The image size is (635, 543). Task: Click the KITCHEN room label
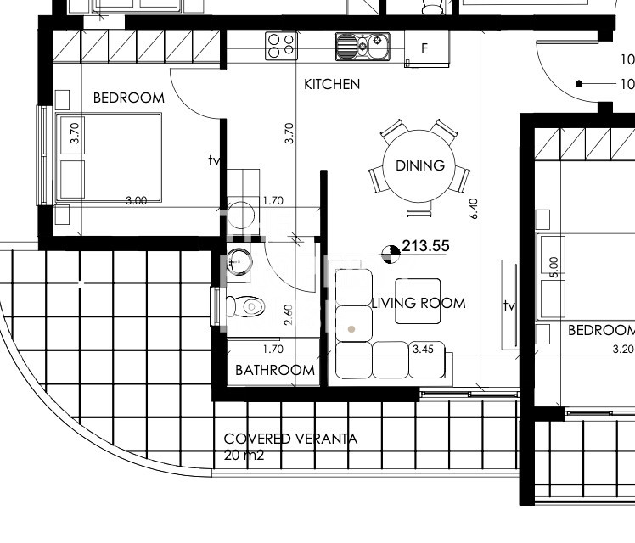click(x=332, y=84)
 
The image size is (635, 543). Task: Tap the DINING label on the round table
click(x=420, y=165)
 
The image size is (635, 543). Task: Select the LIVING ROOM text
click(x=419, y=303)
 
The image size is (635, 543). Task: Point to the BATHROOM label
click(x=274, y=370)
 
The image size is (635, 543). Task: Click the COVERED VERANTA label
click(x=290, y=439)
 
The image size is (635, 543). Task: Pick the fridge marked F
click(x=426, y=49)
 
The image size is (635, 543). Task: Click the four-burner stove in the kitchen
click(x=281, y=46)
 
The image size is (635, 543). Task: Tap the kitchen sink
click(x=362, y=47)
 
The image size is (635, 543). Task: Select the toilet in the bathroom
click(x=245, y=306)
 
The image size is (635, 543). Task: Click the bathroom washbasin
click(x=239, y=262)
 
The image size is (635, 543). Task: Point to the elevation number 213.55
click(x=425, y=245)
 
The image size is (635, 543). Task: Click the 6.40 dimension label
click(x=474, y=209)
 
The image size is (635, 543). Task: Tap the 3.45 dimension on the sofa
click(x=423, y=349)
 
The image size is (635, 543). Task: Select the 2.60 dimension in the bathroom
click(x=288, y=315)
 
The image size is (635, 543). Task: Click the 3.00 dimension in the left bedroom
click(x=136, y=201)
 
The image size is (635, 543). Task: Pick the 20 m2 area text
click(x=244, y=456)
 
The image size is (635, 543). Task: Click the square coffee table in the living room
click(x=418, y=301)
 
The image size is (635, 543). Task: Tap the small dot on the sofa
click(x=351, y=329)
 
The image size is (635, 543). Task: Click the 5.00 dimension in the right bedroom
click(x=554, y=267)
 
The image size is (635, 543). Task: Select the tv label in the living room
click(x=509, y=305)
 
